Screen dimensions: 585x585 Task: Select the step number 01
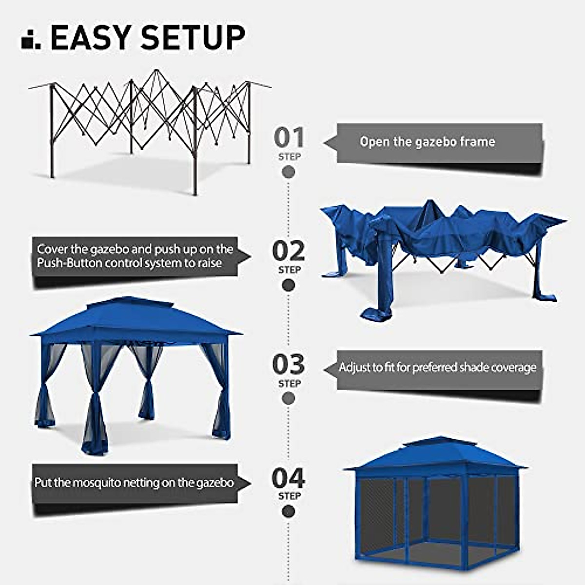[x=289, y=137]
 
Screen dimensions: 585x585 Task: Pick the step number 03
[x=289, y=364]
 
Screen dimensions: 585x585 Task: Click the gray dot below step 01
[x=289, y=172]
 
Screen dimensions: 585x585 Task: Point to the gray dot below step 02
[x=289, y=285]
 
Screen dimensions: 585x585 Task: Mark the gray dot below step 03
[x=289, y=398]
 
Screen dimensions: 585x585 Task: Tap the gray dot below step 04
[x=289, y=511]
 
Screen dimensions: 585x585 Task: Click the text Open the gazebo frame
[x=427, y=142]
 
